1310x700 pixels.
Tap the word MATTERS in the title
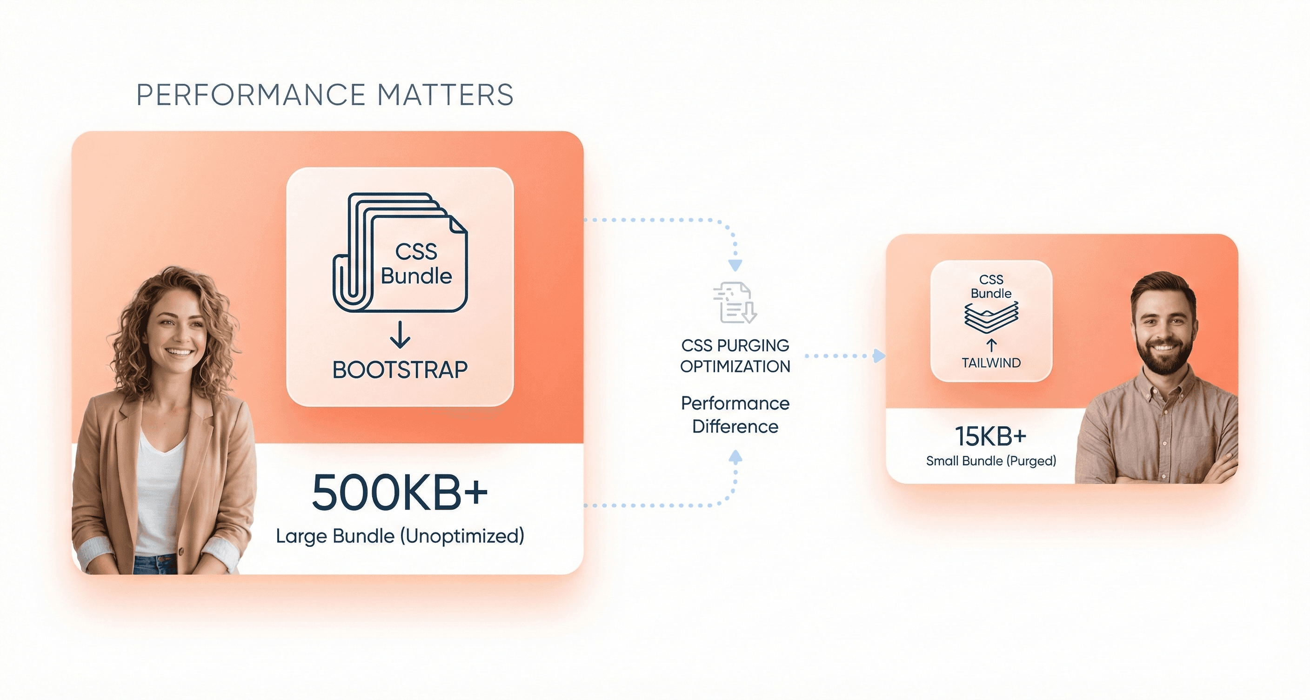[445, 95]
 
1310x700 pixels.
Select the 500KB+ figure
[400, 492]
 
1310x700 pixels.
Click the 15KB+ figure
[990, 436]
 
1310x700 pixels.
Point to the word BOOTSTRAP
[400, 370]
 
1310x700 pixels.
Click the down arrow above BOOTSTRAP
[400, 335]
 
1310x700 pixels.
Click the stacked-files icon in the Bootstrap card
[400, 252]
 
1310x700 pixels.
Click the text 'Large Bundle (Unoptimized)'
[400, 536]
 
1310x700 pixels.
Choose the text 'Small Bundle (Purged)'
[990, 461]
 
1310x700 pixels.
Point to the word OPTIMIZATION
[735, 366]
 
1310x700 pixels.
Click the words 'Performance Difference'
[735, 415]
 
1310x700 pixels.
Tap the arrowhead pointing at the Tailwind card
[879, 356]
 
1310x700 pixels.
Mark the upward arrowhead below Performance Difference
[735, 457]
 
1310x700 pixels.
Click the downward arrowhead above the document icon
[735, 265]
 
